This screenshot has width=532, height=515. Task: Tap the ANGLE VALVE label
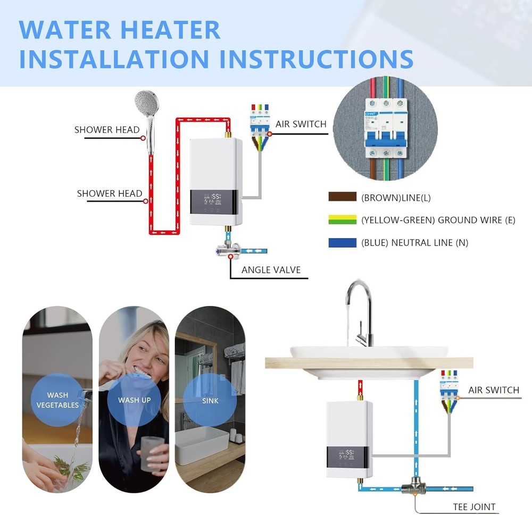pyautogui.click(x=271, y=270)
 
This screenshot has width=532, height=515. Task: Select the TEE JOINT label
pyautogui.click(x=474, y=507)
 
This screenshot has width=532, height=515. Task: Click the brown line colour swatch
pyautogui.click(x=342, y=197)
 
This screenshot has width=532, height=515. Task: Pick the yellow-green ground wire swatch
pyautogui.click(x=342, y=219)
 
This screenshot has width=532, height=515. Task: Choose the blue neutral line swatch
pyautogui.click(x=342, y=242)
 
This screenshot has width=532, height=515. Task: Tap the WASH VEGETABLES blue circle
pyautogui.click(x=57, y=400)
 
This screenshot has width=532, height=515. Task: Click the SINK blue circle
pyautogui.click(x=210, y=400)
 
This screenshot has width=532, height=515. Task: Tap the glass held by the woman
pyautogui.click(x=151, y=453)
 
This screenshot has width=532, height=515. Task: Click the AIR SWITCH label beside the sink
pyautogui.click(x=493, y=390)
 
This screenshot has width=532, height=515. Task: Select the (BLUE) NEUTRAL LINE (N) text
pyautogui.click(x=414, y=243)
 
